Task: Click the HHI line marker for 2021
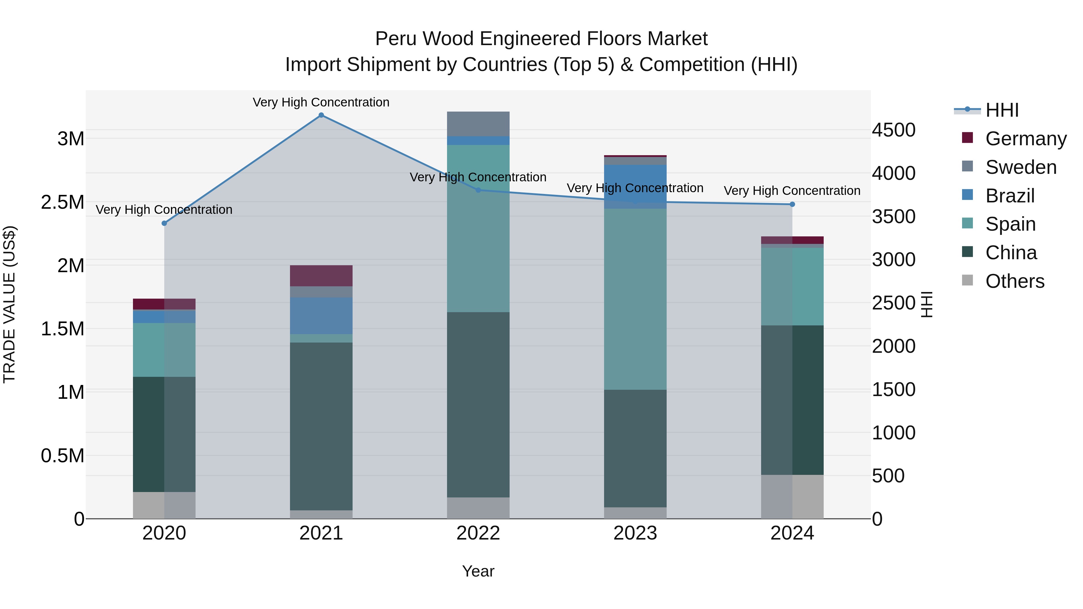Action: pos(321,115)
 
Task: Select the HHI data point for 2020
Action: pos(164,223)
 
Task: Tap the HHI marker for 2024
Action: pos(792,204)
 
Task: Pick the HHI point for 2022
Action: pos(478,190)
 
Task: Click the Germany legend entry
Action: pos(1026,138)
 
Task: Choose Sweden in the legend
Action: pos(1020,167)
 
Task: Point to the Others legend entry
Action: pos(1014,281)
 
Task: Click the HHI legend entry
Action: pos(1001,110)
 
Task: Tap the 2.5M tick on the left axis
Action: pos(62,202)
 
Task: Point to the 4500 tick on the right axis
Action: pos(893,130)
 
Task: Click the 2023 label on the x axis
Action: pos(635,533)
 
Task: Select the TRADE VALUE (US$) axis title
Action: pos(10,304)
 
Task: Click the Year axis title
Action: pos(478,571)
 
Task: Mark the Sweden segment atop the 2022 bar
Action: pos(478,124)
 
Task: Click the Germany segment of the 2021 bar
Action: pos(321,276)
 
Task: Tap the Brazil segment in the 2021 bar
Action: pos(321,316)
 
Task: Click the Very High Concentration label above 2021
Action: pos(321,102)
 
